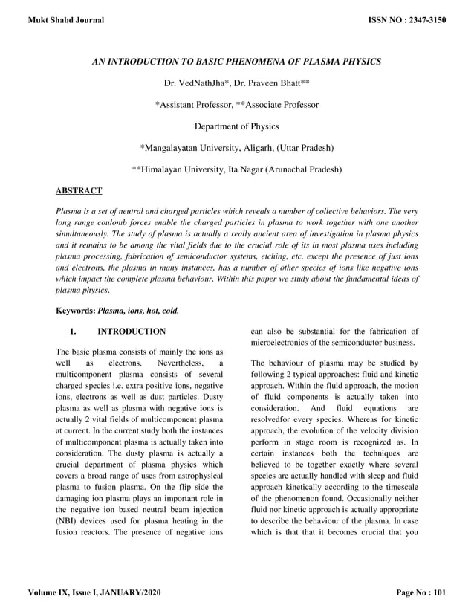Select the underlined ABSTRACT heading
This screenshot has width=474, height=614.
pos(79,191)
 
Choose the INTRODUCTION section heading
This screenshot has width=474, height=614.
pos(132,331)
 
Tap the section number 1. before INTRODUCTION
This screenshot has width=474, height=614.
pos(73,331)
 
